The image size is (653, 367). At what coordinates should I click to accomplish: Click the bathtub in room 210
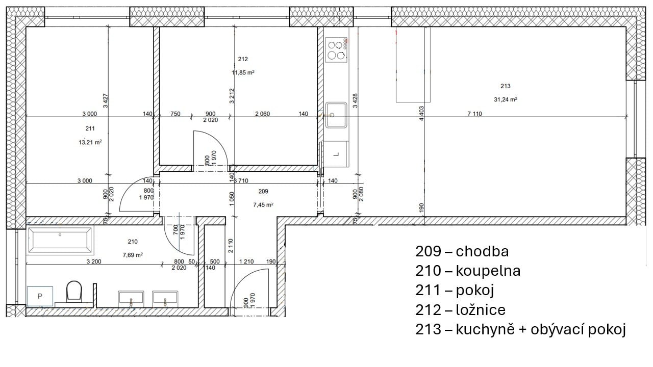60,240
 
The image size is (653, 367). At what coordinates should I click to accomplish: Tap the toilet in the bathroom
74,291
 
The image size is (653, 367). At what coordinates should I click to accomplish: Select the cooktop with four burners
336,50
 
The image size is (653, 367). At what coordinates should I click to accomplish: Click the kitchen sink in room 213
336,115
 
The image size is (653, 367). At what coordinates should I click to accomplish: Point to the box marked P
40,296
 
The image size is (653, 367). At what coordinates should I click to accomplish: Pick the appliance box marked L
336,154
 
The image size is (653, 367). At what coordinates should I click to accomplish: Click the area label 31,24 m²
505,99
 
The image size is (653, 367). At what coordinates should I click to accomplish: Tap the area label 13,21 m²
90,142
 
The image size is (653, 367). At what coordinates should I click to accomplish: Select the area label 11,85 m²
243,72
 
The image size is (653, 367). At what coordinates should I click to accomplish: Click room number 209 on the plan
263,191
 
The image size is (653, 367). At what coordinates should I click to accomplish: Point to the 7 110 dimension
474,114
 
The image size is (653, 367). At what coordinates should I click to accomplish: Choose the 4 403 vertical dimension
421,114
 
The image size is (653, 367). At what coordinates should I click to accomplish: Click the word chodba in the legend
482,252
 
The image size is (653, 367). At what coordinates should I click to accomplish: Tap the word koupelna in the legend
488,271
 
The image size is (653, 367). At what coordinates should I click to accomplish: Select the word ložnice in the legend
481,310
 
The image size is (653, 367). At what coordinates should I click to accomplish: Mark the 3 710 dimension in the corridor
241,180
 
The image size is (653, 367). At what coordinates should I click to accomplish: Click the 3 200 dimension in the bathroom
94,261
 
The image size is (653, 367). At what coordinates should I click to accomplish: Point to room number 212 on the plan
243,59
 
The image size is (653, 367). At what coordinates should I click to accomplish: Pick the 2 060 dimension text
262,114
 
